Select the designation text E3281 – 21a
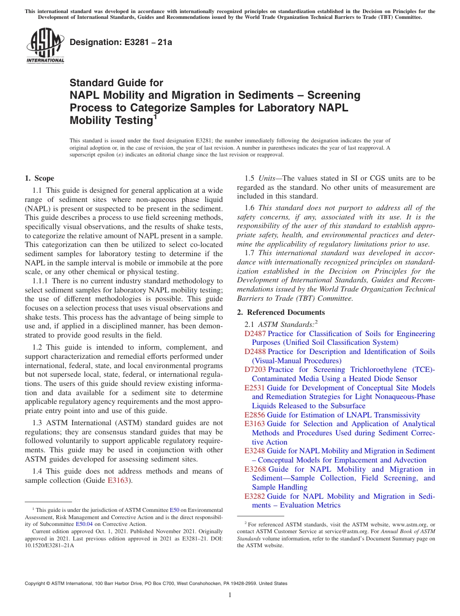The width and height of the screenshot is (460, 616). (x=121, y=43)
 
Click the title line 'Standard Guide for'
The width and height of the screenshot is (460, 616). (x=116, y=83)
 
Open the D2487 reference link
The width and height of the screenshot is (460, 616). (x=255, y=334)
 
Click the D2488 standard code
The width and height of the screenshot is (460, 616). (x=255, y=352)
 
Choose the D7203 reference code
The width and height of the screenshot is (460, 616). (x=255, y=370)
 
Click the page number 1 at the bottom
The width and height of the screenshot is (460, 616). (x=230, y=595)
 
